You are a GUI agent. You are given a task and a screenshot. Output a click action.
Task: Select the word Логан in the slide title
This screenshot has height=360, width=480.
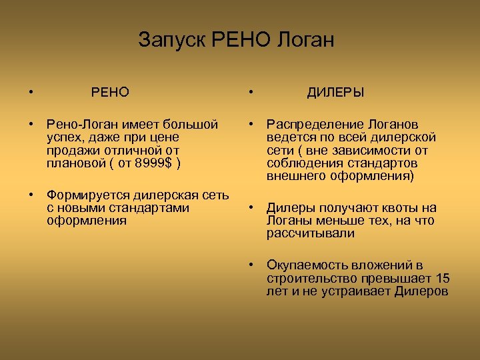303,40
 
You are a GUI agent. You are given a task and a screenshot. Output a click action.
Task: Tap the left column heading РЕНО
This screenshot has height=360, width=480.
110,92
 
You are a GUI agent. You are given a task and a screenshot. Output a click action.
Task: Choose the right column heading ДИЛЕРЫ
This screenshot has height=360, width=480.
335,92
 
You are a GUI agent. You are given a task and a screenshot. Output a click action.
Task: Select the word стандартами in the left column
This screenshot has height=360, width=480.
153,208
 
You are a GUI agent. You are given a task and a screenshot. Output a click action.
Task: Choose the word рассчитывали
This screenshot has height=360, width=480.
311,233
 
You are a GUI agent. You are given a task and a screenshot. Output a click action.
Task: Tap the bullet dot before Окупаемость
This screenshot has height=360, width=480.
251,265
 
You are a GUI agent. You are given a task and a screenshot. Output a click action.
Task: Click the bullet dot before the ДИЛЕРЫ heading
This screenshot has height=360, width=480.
251,92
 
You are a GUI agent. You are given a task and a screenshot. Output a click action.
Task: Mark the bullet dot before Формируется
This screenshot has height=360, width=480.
31,195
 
